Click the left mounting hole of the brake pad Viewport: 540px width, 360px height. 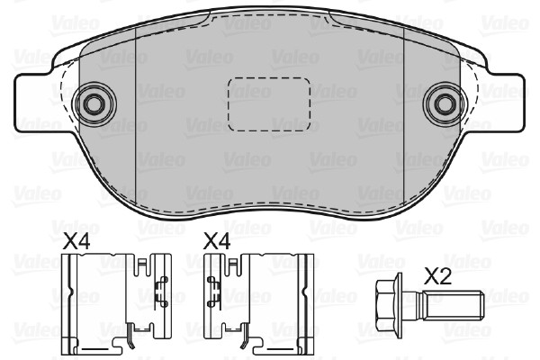coord(94,104)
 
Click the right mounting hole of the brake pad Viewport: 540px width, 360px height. coord(445,104)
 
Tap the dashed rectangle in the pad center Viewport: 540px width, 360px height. coord(268,104)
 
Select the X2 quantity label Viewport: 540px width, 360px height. coord(437,276)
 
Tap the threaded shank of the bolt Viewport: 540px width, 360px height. coord(454,305)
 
